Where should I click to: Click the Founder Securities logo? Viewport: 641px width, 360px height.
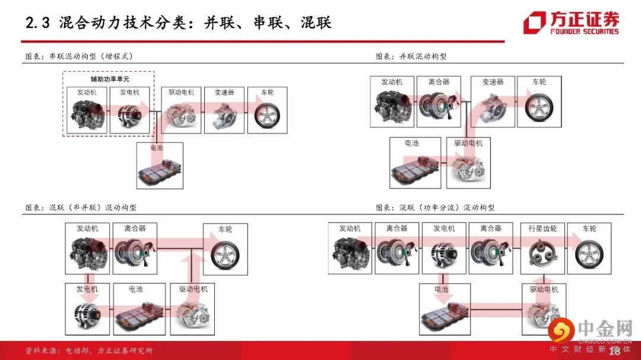(571, 23)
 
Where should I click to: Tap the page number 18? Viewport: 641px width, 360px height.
(614, 351)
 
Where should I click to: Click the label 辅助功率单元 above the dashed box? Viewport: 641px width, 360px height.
(110, 79)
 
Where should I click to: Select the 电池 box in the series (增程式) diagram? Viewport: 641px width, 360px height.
(160, 165)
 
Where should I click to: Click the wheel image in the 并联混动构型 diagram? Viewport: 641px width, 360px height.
(539, 107)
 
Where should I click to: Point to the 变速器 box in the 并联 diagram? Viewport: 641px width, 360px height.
(493, 101)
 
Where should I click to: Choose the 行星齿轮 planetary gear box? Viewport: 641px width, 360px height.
(542, 248)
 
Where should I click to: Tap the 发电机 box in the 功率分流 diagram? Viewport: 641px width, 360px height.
(444, 248)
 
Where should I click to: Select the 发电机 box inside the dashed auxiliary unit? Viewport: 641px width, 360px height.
(129, 110)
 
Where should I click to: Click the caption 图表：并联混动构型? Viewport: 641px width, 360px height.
(411, 56)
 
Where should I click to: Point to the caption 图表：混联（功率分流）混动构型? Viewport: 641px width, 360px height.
(435, 208)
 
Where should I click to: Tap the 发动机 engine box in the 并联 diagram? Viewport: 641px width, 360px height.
(392, 101)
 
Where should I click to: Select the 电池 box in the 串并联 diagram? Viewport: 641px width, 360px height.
(139, 309)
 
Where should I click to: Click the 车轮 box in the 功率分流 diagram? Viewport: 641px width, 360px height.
(589, 248)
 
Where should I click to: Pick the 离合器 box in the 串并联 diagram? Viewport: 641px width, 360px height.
(135, 249)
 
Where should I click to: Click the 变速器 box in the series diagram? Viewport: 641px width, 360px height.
(224, 110)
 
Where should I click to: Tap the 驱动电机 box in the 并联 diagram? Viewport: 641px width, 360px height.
(468, 163)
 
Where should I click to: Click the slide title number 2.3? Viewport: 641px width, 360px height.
(37, 23)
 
